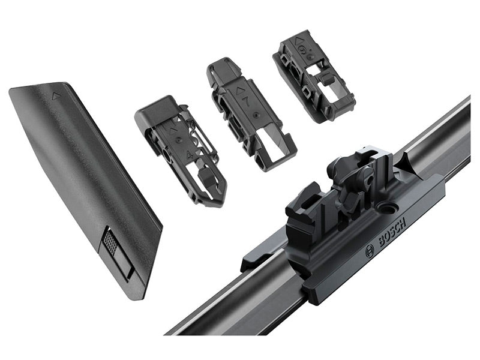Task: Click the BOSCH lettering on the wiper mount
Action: coord(392,232)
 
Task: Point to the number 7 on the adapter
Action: coord(246,101)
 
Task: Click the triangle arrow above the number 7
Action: coord(239,91)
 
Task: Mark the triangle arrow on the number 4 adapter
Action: coord(173,130)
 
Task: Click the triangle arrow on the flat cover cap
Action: coord(56,97)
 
